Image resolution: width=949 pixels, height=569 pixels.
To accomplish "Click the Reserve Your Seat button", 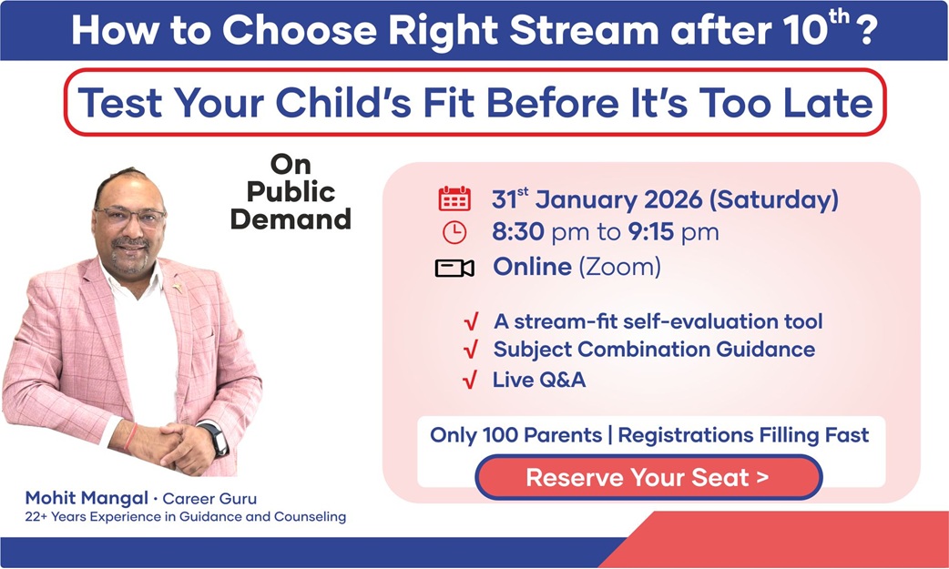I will pos(648,477).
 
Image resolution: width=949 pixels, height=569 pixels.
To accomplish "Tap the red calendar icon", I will pos(454,198).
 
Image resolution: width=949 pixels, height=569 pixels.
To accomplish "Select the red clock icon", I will pos(454,233).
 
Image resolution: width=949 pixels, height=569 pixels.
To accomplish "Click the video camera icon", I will pos(454,268).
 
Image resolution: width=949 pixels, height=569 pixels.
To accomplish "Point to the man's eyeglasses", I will pos(130,217).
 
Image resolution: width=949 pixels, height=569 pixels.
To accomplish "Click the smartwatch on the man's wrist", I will pos(216,440).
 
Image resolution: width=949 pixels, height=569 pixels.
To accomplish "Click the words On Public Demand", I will pos(291,192).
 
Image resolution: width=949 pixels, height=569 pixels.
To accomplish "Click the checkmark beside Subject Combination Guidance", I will pos(470,351).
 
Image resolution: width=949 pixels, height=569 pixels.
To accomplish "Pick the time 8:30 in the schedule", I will pos(518,232).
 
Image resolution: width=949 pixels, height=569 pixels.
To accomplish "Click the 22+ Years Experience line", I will pos(186,517).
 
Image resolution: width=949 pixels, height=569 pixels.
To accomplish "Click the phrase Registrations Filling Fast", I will pos(743,434).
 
